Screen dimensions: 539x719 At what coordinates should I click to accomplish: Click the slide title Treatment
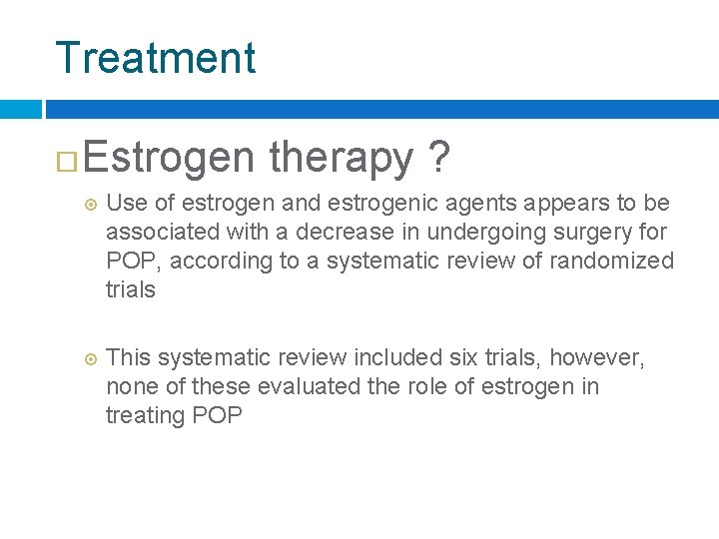pos(155,57)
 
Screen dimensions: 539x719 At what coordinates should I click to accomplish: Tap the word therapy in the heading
pos(341,159)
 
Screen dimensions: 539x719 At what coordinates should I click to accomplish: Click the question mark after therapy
pos(436,159)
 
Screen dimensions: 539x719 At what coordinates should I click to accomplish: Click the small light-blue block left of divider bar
pos(20,109)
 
